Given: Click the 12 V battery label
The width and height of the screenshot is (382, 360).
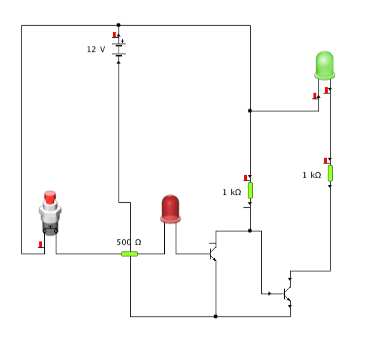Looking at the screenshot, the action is (x=96, y=49).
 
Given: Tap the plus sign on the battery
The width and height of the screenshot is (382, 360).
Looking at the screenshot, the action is (x=122, y=41).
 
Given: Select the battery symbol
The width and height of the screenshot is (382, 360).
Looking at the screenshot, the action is (x=119, y=50).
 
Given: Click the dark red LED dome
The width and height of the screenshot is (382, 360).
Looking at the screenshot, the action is (x=170, y=209).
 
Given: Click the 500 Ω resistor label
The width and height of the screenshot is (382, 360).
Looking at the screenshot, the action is (x=129, y=242).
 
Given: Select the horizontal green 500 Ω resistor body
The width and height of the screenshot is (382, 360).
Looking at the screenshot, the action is (x=130, y=254).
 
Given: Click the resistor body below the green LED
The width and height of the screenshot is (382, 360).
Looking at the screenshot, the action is (x=330, y=174).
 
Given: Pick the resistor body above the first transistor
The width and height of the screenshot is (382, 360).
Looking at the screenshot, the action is (x=250, y=191).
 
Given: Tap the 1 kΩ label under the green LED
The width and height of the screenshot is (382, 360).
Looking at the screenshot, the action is (x=311, y=175).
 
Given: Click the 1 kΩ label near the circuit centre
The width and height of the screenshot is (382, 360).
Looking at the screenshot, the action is (x=231, y=192).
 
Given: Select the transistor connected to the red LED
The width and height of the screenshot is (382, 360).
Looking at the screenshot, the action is (x=213, y=254).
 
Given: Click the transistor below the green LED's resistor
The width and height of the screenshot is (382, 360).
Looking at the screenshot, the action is (x=287, y=294).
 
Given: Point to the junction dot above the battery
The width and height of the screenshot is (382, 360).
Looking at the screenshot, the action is (x=119, y=25).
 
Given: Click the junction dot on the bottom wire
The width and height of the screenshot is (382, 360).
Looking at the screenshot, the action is (x=216, y=316).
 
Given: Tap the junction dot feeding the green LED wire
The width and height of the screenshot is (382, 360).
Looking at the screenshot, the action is (x=250, y=111).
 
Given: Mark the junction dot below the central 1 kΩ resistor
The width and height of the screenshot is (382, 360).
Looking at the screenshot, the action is (x=250, y=231).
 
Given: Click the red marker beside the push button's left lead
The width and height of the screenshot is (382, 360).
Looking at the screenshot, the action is (x=41, y=244).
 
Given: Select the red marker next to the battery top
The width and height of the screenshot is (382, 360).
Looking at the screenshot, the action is (x=114, y=35).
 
